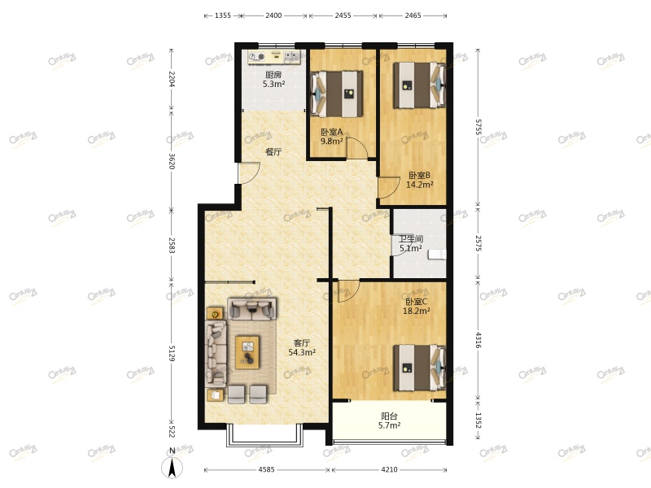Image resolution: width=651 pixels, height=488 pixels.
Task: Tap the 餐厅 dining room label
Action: click(x=273, y=152)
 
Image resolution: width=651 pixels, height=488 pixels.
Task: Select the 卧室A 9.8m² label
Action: click(x=331, y=137)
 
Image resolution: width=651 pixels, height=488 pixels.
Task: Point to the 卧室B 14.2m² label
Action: click(x=419, y=180)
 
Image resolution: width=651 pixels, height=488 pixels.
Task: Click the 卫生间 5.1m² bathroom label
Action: click(x=409, y=244)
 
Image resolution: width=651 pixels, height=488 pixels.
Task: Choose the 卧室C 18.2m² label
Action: click(x=417, y=306)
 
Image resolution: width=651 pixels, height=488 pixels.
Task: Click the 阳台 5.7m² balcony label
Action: click(x=389, y=420)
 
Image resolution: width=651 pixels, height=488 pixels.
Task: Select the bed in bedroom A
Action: click(x=336, y=94)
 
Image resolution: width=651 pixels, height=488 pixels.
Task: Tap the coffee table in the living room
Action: click(x=248, y=352)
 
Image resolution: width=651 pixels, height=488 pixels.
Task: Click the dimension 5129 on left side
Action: click(x=171, y=353)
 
